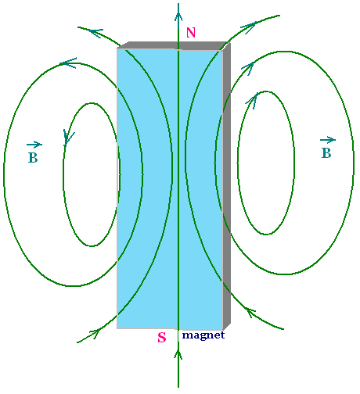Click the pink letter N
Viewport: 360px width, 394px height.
[x=191, y=33]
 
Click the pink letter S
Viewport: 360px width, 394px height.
[x=162, y=338]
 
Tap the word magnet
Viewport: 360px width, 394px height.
[x=203, y=335]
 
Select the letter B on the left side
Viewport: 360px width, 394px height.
[x=33, y=158]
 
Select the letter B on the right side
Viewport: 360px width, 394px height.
[x=326, y=153]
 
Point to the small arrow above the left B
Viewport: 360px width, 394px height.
[x=34, y=145]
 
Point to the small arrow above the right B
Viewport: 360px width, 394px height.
[x=328, y=140]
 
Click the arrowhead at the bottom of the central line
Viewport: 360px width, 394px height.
[x=178, y=354]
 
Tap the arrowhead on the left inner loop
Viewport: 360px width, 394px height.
[x=68, y=138]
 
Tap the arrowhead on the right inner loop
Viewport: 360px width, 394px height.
[x=253, y=100]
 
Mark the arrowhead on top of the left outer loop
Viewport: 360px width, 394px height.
[x=68, y=63]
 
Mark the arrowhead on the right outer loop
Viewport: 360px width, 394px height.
[x=248, y=68]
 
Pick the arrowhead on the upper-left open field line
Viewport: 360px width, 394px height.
[x=95, y=33]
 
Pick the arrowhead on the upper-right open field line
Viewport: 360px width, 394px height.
[x=249, y=27]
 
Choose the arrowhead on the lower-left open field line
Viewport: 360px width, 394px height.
[x=95, y=333]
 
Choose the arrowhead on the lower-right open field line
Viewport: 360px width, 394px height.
[x=250, y=312]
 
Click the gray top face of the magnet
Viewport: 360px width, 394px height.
[x=174, y=45]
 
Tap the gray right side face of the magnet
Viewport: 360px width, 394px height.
[x=227, y=185]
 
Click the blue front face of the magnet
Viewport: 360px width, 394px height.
[x=170, y=189]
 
